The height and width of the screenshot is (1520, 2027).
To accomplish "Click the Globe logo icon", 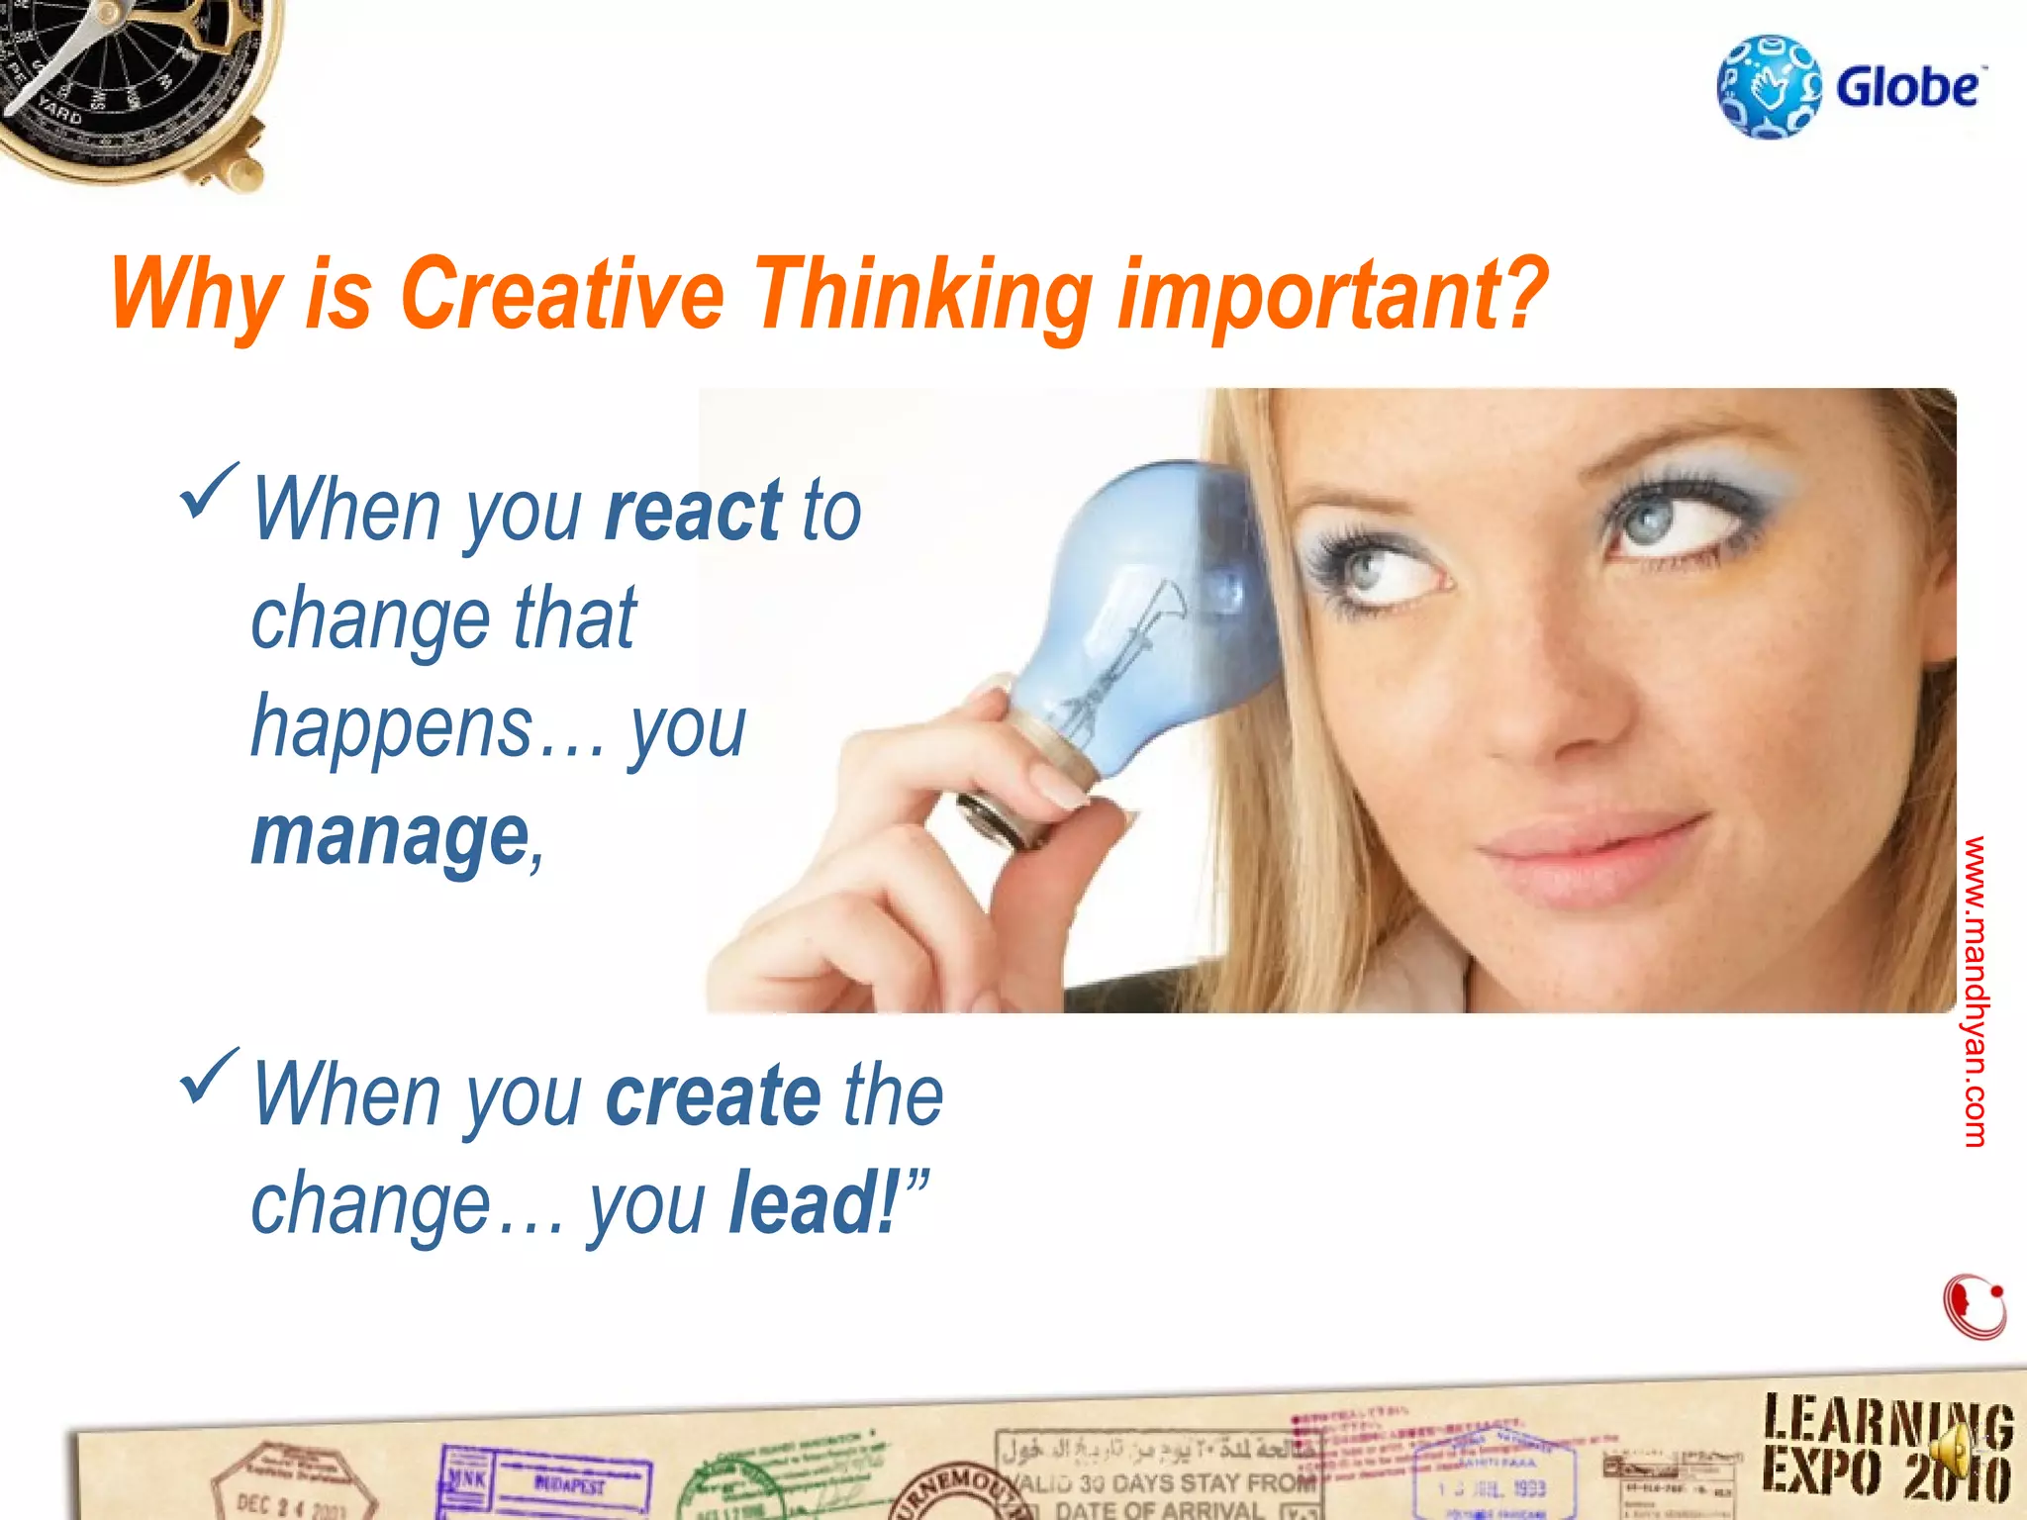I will click(1769, 87).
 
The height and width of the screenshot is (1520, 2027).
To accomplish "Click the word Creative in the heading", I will click(561, 293).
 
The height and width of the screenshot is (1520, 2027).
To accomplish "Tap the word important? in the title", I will click(1332, 295).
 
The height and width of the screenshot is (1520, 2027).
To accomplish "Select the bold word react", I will click(693, 511).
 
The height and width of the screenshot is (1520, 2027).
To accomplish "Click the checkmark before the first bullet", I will click(209, 491).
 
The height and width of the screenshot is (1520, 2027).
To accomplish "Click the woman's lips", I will click(1574, 851).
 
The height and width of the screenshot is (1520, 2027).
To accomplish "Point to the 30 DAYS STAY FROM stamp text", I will click(1168, 1482).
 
